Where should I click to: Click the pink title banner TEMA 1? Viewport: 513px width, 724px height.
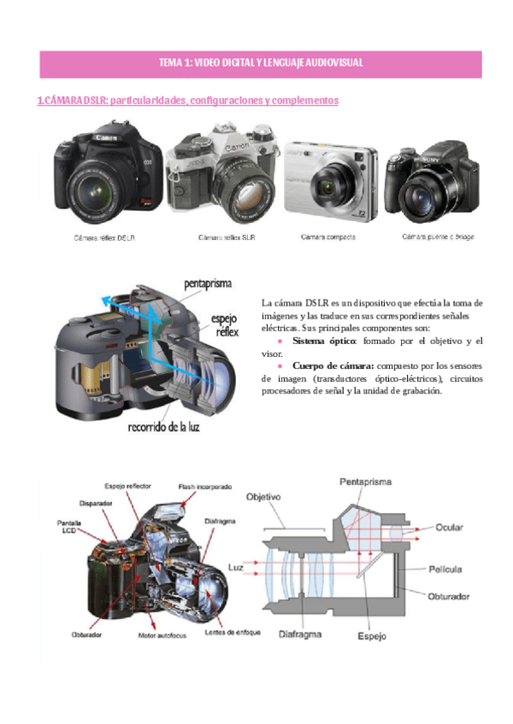click(261, 63)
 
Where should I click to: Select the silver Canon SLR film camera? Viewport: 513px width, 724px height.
click(225, 177)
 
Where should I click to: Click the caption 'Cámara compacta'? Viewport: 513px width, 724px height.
click(328, 236)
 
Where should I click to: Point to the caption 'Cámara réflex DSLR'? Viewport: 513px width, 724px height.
click(103, 236)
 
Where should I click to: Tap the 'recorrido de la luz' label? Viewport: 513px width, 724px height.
click(164, 425)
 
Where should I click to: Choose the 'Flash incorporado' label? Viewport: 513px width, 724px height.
click(205, 487)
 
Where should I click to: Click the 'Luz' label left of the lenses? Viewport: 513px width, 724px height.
click(237, 565)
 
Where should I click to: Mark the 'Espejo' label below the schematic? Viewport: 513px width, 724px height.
click(372, 635)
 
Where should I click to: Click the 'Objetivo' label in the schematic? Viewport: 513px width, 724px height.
click(264, 496)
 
